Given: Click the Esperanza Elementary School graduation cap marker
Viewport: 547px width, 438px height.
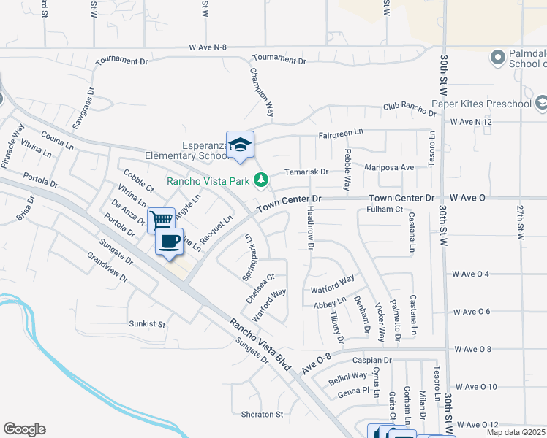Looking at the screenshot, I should [240, 145].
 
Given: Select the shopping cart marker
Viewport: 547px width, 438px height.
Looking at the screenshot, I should [161, 219].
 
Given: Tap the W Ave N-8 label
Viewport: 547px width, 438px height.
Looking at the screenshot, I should [208, 47].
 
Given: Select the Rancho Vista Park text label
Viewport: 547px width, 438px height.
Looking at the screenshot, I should [208, 180].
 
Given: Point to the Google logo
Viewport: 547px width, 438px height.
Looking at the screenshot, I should [24, 429].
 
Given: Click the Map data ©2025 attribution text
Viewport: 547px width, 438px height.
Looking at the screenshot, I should [516, 432].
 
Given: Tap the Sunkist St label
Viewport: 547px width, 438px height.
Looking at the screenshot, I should [147, 323].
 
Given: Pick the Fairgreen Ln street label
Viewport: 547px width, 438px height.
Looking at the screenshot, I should [340, 134].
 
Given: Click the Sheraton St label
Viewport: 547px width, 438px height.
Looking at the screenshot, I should [262, 414].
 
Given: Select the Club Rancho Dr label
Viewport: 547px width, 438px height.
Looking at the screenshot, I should [410, 107].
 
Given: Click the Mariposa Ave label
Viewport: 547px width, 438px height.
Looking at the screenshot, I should [390, 167].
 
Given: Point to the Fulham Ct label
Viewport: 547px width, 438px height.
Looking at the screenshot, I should [385, 210].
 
